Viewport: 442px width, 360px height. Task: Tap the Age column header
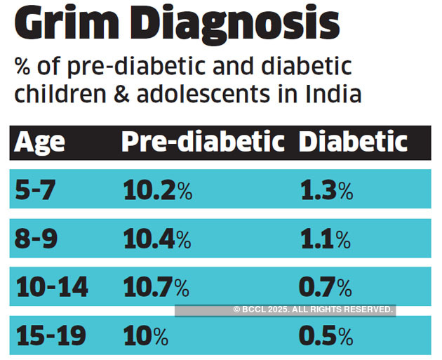click(x=40, y=142)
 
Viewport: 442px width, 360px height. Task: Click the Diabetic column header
click(x=353, y=142)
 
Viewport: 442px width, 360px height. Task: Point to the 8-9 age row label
click(x=40, y=240)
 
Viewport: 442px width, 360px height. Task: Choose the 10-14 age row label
click(x=51, y=287)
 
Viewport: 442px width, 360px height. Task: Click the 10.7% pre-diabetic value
click(x=156, y=287)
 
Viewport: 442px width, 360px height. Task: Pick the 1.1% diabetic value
click(x=325, y=240)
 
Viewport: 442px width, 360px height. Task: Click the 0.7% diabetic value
click(x=325, y=287)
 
